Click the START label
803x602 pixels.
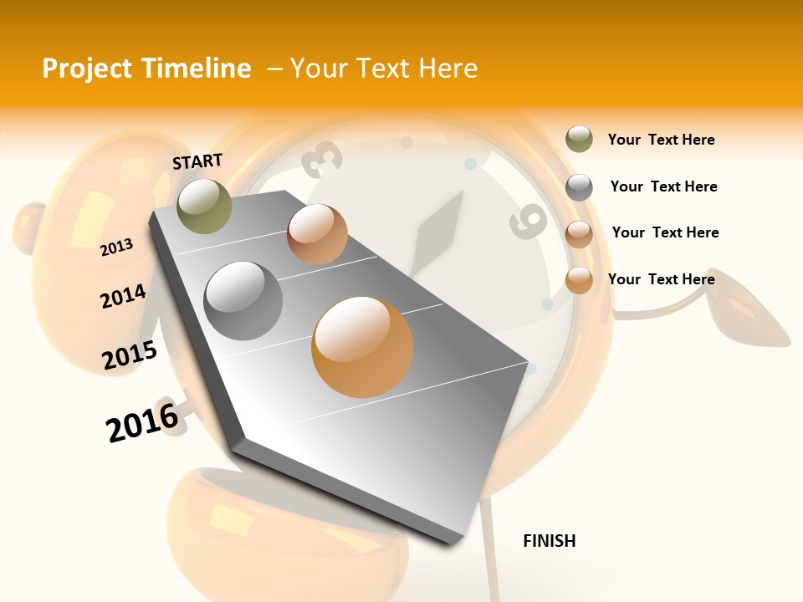click(x=197, y=161)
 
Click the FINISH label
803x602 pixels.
click(x=549, y=541)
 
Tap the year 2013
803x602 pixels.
click(x=116, y=247)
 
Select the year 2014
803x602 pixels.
click(x=123, y=296)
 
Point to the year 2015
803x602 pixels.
click(x=130, y=355)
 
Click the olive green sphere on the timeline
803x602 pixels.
click(x=204, y=206)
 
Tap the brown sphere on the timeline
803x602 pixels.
click(x=317, y=234)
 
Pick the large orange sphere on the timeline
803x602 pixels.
click(x=362, y=347)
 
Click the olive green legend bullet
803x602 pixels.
click(x=579, y=140)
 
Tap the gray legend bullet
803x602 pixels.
click(x=579, y=187)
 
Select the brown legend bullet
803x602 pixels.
click(x=579, y=233)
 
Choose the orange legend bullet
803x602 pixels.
click(x=579, y=280)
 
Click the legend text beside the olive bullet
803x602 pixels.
click(x=661, y=140)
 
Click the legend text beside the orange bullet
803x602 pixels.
click(x=661, y=279)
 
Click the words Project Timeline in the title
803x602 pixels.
click(x=146, y=69)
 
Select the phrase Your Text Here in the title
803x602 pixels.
click(x=384, y=69)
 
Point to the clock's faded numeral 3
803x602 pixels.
click(x=325, y=159)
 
